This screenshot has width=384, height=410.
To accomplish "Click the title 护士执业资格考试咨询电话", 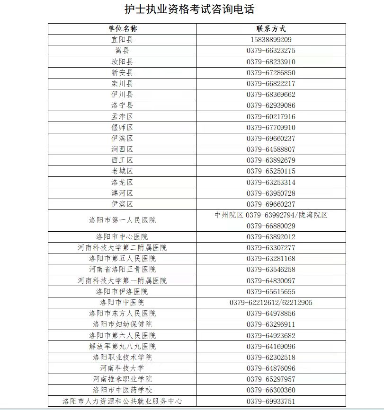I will pyautogui.click(x=192, y=10).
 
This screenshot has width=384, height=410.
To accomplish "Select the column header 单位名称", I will pyautogui.click(x=122, y=29).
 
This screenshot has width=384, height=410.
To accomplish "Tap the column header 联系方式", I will pyautogui.click(x=271, y=29).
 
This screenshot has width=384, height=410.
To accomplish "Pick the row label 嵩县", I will pyautogui.click(x=122, y=51).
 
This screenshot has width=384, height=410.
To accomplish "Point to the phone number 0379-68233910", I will pyautogui.click(x=271, y=62).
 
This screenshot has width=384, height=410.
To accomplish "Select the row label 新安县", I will pyautogui.click(x=122, y=73).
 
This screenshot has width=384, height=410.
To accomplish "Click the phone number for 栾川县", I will pyautogui.click(x=271, y=84).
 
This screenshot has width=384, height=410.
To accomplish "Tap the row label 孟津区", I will pyautogui.click(x=122, y=116).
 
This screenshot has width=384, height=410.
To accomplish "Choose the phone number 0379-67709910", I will pyautogui.click(x=271, y=128).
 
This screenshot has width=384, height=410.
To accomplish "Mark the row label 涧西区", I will pyautogui.click(x=122, y=149).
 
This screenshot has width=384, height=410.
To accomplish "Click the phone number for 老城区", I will pyautogui.click(x=271, y=171).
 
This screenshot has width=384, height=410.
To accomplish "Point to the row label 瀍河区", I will pyautogui.click(x=122, y=193).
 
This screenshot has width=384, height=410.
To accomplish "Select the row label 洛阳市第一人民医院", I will pyautogui.click(x=122, y=220).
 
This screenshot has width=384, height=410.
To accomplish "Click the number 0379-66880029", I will pyautogui.click(x=271, y=226).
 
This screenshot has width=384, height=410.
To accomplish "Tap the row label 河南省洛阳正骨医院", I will pyautogui.click(x=122, y=270).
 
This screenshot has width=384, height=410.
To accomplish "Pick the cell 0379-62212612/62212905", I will pyautogui.click(x=271, y=303).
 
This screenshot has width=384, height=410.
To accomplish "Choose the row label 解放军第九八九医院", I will pyautogui.click(x=122, y=346).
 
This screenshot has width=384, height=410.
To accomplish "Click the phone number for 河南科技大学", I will pyautogui.click(x=271, y=368).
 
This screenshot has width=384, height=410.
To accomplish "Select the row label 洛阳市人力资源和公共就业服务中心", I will pyautogui.click(x=122, y=401).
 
